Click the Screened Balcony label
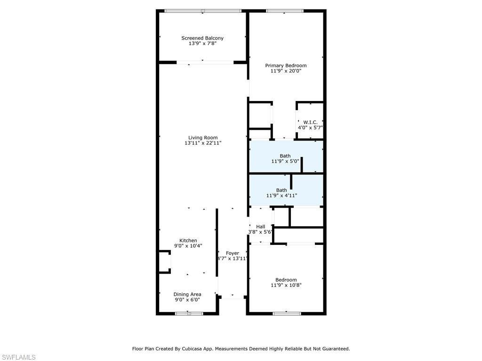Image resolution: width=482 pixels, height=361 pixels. pos(202,38)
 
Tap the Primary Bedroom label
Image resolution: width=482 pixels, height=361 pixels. pos(286,65)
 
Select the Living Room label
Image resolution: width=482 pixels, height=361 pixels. pos(203,138)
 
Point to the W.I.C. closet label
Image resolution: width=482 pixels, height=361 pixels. pos(311,122)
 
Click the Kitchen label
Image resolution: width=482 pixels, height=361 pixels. pos(188,240)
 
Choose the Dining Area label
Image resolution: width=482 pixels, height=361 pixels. pos(187,294)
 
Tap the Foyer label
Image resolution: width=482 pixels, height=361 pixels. pos(233,253)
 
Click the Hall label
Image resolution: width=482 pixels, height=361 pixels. pos(261,227)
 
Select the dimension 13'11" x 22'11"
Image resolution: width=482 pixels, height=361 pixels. pos(203,143)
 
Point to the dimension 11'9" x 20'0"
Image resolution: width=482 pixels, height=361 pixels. pos(286,71)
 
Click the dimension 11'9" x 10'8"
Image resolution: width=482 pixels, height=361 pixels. pos(286,285)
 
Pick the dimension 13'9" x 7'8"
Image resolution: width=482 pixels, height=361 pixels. pos(202,44)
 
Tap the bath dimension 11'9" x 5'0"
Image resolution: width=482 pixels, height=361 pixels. pos(285,161)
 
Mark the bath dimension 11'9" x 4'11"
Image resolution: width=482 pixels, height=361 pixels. pos(281,196)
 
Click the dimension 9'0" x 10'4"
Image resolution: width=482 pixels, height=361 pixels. pos(188,246)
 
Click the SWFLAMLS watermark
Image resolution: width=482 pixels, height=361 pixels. pos(18,357)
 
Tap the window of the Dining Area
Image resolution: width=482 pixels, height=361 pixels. pos(189,314)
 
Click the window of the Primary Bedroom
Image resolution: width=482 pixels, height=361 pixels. pos(285,11)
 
